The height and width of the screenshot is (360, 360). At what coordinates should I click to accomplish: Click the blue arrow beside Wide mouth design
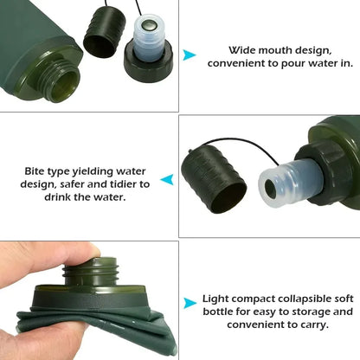(x=189, y=55)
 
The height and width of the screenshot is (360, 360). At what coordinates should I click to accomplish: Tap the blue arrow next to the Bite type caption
(x=168, y=179)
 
